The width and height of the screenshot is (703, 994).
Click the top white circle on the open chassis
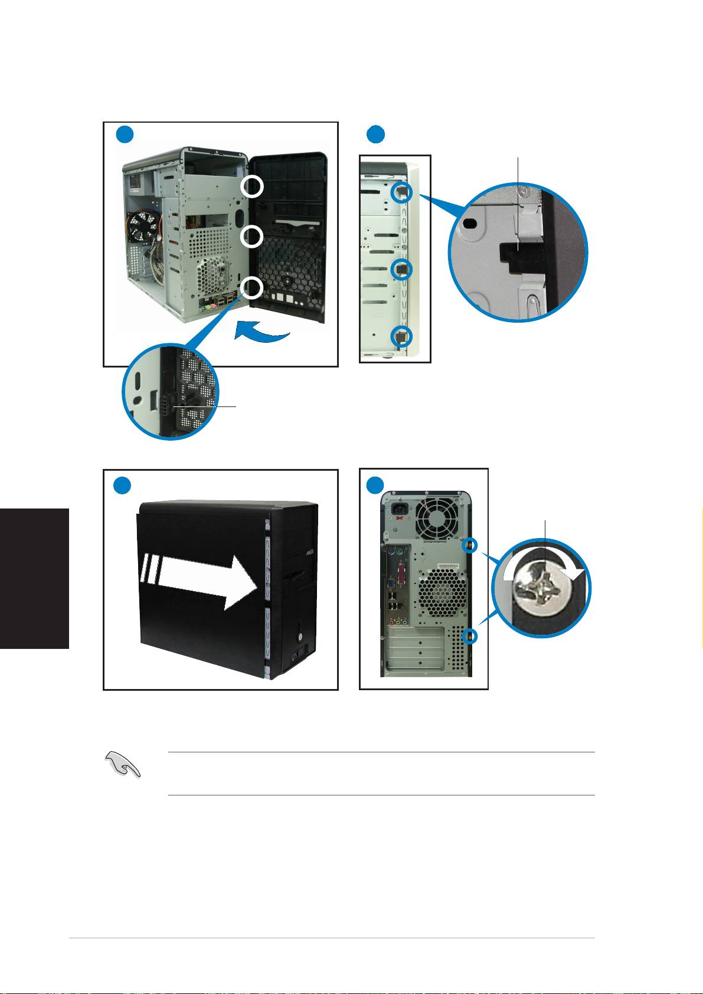click(252, 186)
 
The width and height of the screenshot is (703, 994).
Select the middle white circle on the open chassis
click(252, 237)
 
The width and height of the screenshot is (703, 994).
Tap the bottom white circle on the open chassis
click(252, 288)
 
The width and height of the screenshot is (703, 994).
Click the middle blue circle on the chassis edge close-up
click(401, 268)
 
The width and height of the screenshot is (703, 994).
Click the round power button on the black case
click(300, 638)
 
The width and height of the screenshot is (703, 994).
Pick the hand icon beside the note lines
click(122, 766)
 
